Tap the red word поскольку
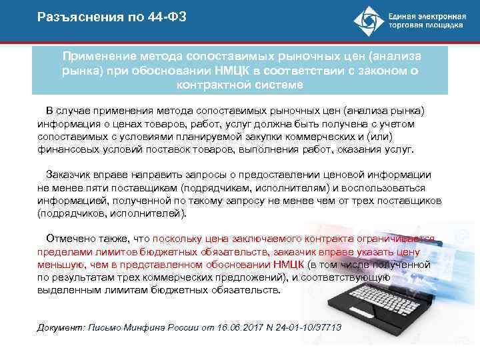[175, 239]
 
